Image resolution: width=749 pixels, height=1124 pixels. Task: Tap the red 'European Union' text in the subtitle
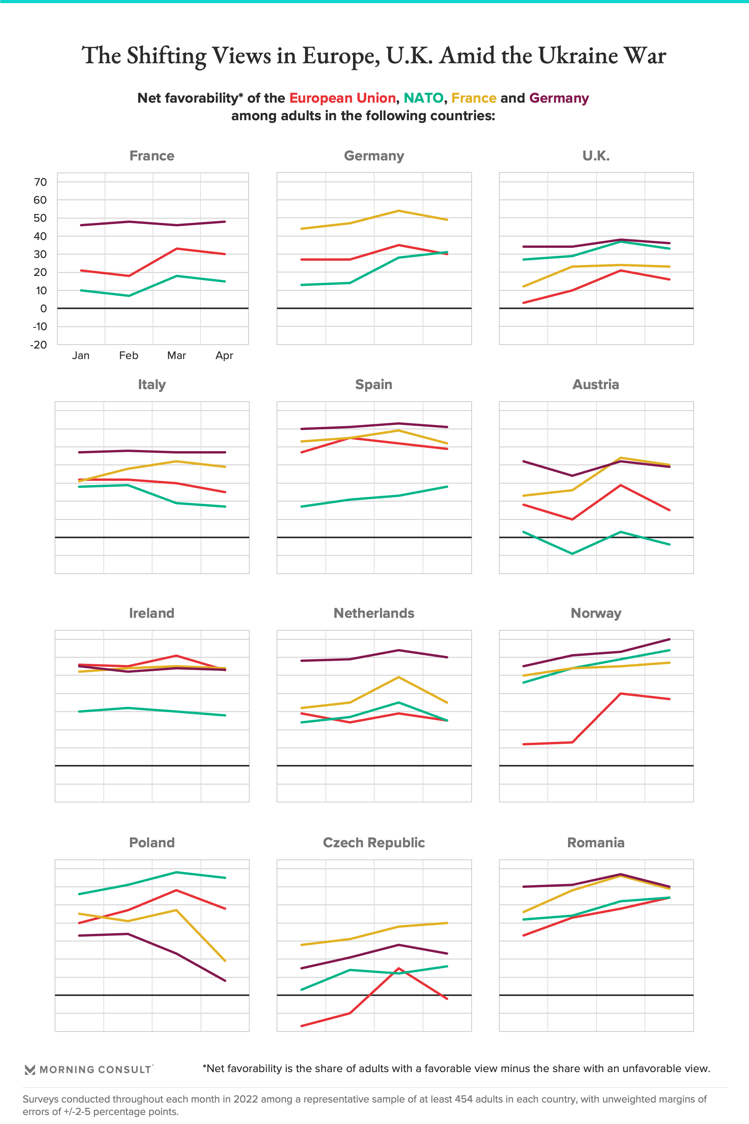click(342, 98)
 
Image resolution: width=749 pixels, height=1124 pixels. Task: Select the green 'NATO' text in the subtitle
click(423, 98)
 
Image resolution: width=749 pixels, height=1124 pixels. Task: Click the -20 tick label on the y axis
click(39, 345)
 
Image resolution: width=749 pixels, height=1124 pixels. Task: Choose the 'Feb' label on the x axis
click(128, 356)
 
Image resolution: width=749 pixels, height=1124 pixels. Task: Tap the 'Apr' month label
click(224, 356)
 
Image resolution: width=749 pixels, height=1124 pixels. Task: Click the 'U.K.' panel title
click(596, 156)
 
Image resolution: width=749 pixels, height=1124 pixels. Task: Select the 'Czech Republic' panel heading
click(374, 843)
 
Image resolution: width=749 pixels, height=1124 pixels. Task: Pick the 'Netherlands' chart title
click(374, 613)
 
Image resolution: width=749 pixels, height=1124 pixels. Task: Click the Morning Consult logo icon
click(30, 1069)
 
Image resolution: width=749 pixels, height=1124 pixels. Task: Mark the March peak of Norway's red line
click(621, 694)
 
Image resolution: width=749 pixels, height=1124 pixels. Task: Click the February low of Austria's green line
click(572, 553)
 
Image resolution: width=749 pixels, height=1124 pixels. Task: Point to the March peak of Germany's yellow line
click(398, 211)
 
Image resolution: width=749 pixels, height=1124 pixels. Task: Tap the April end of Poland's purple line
click(225, 981)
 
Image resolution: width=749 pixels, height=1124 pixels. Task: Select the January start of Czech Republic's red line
click(302, 1026)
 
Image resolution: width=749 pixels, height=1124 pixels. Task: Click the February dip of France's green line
click(128, 296)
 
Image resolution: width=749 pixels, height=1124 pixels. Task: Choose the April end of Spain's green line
click(447, 487)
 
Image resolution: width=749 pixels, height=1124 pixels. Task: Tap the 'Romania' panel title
click(596, 843)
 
